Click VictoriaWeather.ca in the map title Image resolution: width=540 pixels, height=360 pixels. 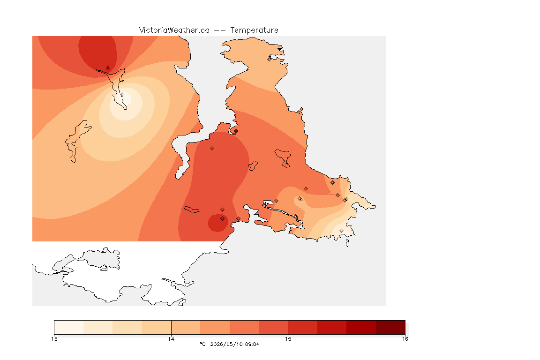pos(174,30)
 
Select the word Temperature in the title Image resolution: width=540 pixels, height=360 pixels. pos(254,30)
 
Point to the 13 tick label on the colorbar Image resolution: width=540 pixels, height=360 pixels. pos(54,339)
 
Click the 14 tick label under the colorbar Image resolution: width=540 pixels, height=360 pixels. pos(171,339)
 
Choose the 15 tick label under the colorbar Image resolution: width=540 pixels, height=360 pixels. pos(288,339)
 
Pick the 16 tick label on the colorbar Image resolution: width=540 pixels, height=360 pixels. pos(405,339)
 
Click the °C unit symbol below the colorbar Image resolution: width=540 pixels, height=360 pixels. pos(202,344)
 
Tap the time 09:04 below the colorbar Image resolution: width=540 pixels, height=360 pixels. pos(252,344)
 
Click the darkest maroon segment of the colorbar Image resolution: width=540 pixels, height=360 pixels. pos(390,327)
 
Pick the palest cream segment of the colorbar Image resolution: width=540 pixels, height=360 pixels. pos(69,327)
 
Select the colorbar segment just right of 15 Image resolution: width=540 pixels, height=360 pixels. pos(303,327)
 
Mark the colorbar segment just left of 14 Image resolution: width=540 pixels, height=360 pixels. pos(157,327)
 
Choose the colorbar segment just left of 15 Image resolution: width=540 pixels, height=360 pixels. pos(273,327)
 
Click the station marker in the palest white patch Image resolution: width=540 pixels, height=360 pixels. pos(122,94)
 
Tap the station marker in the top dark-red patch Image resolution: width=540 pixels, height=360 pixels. pos(108,68)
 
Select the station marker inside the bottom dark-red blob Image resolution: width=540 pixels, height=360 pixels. pos(223,219)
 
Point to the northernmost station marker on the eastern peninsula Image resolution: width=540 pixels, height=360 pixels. pos(270,59)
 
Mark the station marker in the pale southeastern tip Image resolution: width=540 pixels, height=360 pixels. pos(341,231)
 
